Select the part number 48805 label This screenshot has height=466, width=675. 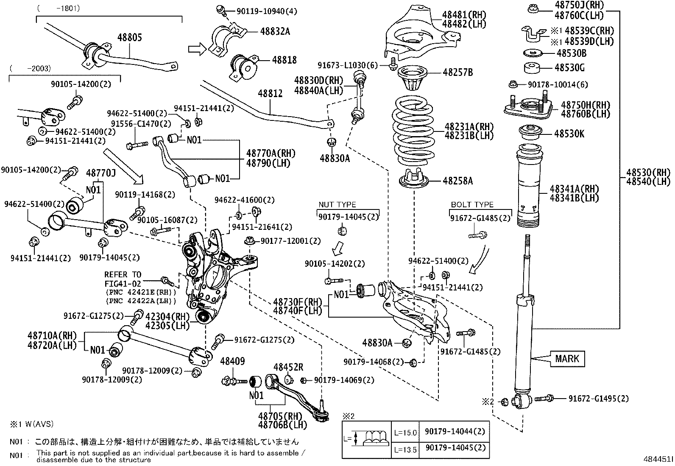(x=129, y=38)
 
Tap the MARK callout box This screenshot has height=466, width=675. (x=567, y=359)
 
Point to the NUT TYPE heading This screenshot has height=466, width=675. (x=337, y=205)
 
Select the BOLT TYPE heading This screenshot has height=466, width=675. (x=472, y=205)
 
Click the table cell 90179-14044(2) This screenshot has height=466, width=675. (x=454, y=432)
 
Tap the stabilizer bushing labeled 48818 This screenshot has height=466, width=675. (x=244, y=66)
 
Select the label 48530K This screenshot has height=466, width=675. (x=569, y=134)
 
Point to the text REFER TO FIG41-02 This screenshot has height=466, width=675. (x=123, y=279)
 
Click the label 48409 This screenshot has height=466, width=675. (x=232, y=361)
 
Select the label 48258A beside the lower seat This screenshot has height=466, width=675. (x=457, y=181)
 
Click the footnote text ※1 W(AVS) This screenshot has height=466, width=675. (x=32, y=424)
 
